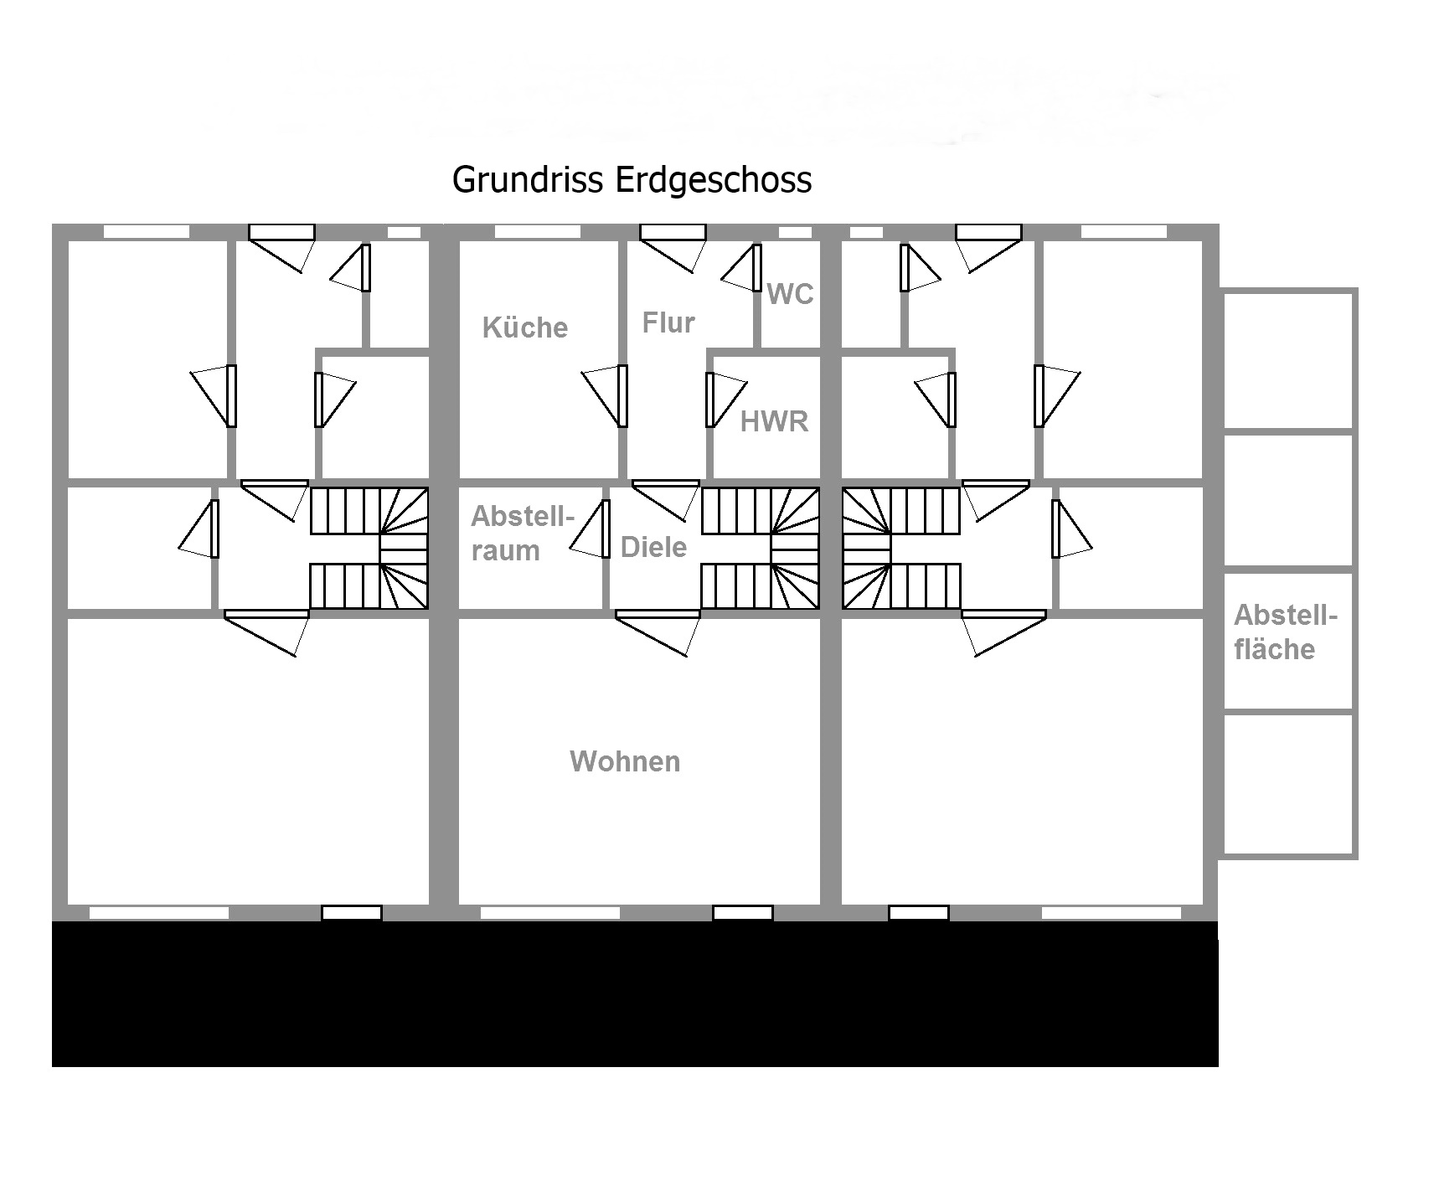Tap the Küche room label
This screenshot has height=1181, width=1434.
[525, 327]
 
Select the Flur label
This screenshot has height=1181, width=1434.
[668, 322]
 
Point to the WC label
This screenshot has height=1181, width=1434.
[790, 294]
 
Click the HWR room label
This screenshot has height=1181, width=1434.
[774, 421]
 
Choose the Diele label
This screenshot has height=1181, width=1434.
[653, 547]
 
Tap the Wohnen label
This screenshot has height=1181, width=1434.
[625, 761]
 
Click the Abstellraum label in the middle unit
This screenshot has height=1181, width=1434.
[523, 533]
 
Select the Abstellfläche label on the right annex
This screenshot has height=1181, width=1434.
[1286, 632]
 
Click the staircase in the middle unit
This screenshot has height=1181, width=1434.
[761, 548]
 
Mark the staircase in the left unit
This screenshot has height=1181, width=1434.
[369, 548]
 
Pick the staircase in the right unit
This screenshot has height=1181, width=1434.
[901, 548]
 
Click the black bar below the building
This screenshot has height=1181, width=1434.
[635, 993]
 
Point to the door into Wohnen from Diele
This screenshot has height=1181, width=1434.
[658, 632]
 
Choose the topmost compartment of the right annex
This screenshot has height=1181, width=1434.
[1288, 360]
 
